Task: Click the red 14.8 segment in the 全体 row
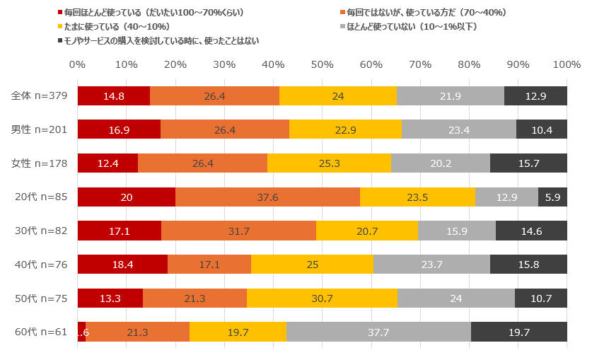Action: click(x=114, y=96)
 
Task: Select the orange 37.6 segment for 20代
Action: click(x=267, y=197)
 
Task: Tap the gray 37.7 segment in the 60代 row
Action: click(x=378, y=332)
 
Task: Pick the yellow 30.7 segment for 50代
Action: click(x=322, y=298)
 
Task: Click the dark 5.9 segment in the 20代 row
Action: click(x=552, y=197)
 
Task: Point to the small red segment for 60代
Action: click(x=81, y=332)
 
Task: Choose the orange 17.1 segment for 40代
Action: click(x=209, y=264)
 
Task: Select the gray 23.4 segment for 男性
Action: click(x=459, y=129)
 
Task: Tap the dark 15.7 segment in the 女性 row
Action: click(x=528, y=163)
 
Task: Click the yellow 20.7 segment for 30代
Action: click(x=367, y=231)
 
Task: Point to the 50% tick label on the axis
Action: click(x=322, y=64)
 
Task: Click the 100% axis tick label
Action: click(x=567, y=64)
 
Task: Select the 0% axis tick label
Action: click(x=77, y=64)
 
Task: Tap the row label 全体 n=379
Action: click(x=40, y=96)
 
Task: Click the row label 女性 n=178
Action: click(x=40, y=163)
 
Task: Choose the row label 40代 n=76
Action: click(x=41, y=265)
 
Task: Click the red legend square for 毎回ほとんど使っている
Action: click(x=60, y=13)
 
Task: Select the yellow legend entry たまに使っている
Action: click(x=114, y=27)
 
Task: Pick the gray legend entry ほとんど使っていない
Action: click(x=409, y=27)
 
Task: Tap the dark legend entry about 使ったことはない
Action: click(x=158, y=41)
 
